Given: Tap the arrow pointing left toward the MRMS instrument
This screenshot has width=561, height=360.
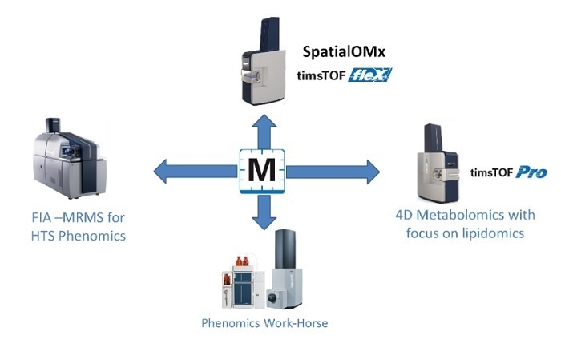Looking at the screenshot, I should tap(192, 170).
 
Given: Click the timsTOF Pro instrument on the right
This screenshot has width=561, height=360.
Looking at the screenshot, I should tap(437, 164).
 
